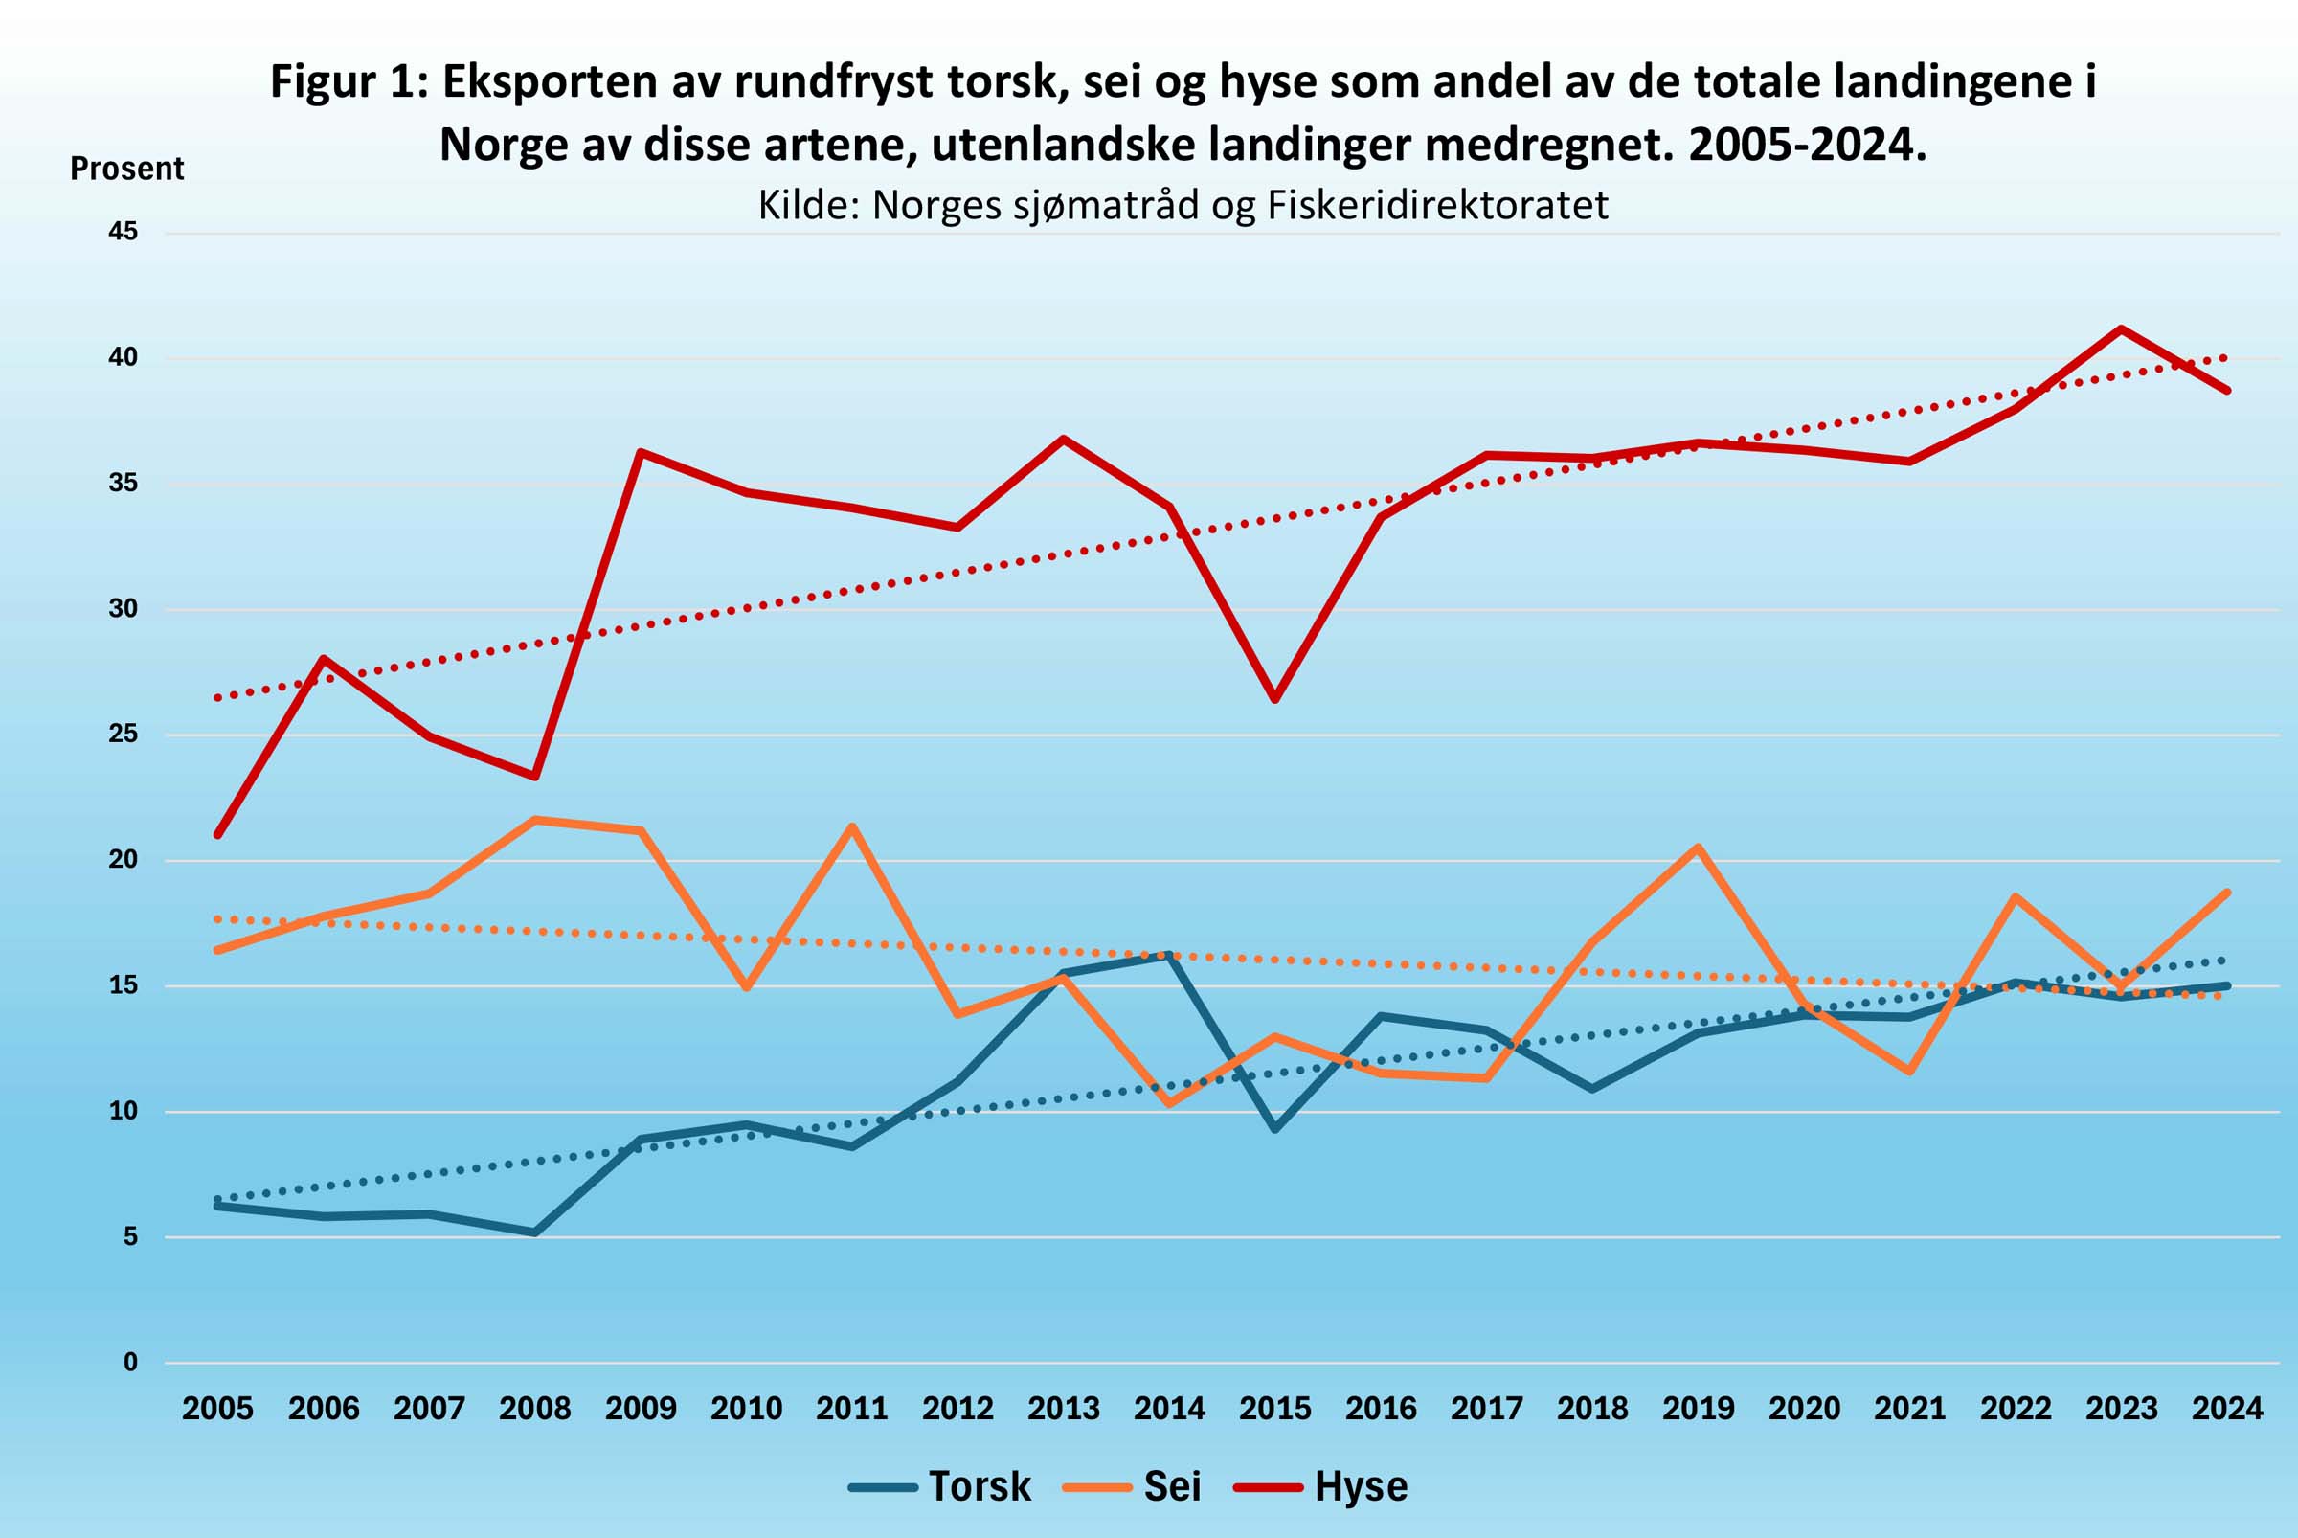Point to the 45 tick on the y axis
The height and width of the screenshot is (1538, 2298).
click(x=124, y=233)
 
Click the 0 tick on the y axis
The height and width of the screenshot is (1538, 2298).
click(x=130, y=1363)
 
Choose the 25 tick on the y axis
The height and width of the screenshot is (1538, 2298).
click(x=124, y=735)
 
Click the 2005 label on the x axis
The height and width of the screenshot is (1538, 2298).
click(x=217, y=1410)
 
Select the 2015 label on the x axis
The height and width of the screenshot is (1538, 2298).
click(x=1275, y=1410)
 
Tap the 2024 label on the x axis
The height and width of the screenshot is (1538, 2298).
click(x=2227, y=1410)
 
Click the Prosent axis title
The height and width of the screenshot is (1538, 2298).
click(x=126, y=169)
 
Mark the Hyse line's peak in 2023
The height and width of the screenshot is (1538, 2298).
click(x=2122, y=328)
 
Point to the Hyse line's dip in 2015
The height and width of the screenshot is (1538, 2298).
click(x=1275, y=699)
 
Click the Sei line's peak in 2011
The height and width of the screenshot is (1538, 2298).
click(x=852, y=826)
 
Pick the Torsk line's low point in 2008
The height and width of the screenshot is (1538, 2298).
click(x=534, y=1232)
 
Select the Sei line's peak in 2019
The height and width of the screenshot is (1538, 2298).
click(x=1698, y=847)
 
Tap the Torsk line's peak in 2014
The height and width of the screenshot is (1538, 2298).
click(x=1169, y=954)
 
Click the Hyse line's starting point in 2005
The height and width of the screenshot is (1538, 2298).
click(x=217, y=835)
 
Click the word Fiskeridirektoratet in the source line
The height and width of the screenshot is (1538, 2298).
click(x=1438, y=205)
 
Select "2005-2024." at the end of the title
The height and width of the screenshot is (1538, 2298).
click(x=1808, y=146)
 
